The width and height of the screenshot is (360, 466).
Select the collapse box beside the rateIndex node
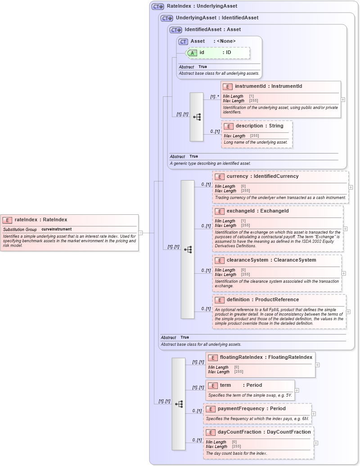tap(140, 233)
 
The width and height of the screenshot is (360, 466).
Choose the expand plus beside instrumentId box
tap(343, 100)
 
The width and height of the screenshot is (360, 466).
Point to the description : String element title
tap(259, 126)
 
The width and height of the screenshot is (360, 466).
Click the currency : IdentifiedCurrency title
tap(262, 176)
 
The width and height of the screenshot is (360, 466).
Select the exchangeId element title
tap(257, 211)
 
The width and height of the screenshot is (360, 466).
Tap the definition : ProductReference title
tap(262, 299)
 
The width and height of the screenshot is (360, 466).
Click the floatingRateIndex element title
tap(265, 357)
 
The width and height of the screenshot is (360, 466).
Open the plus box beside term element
tap(297, 390)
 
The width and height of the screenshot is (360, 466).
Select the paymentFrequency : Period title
tap(252, 408)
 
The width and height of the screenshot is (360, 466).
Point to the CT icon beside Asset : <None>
tap(183, 41)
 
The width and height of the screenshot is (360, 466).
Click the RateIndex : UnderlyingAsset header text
tap(202, 6)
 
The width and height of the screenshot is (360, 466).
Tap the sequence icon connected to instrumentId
tap(197, 117)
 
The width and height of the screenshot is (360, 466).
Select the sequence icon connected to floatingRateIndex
tap(179, 404)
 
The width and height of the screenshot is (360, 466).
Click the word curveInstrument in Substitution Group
tap(56, 229)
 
